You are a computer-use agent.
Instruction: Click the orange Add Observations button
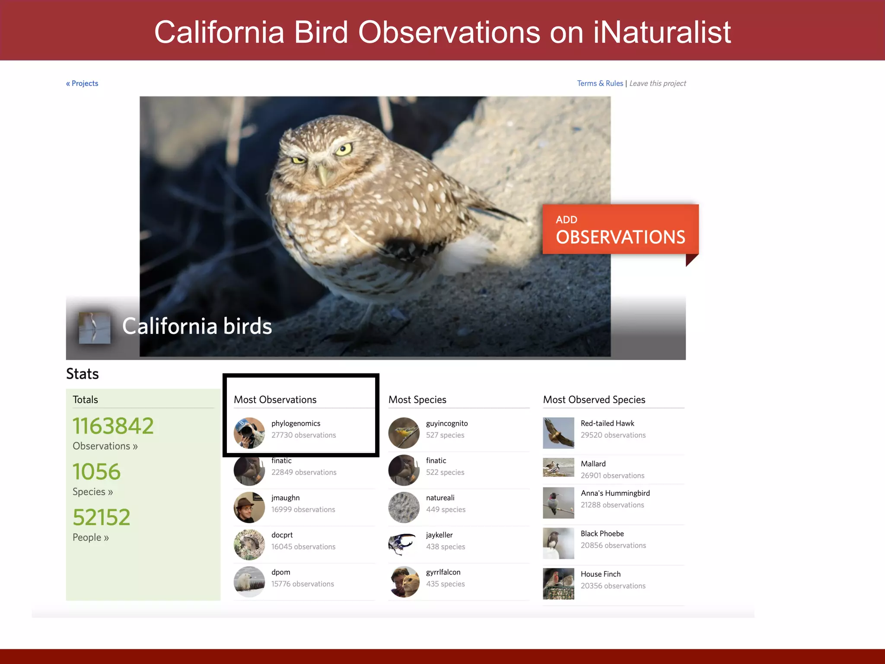(620, 229)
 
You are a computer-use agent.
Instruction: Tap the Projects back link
(82, 83)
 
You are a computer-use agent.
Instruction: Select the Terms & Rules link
(600, 83)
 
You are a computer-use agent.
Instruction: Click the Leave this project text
(657, 83)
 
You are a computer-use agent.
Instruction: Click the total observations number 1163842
(113, 426)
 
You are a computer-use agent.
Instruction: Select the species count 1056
(97, 472)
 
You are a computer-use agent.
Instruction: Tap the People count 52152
(102, 517)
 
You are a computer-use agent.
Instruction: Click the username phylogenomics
(296, 423)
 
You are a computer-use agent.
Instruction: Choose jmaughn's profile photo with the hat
(249, 508)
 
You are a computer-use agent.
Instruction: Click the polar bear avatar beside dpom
(249, 582)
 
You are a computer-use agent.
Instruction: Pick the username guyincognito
(447, 423)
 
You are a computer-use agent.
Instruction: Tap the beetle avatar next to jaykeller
(404, 544)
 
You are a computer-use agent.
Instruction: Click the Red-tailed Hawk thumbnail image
(558, 433)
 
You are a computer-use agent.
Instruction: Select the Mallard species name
(593, 464)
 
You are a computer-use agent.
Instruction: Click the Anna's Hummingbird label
(615, 493)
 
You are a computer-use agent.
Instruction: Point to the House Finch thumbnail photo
(558, 584)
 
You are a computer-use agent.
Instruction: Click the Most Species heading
(417, 399)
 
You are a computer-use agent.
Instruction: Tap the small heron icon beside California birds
(95, 328)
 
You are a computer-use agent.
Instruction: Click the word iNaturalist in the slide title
(662, 32)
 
